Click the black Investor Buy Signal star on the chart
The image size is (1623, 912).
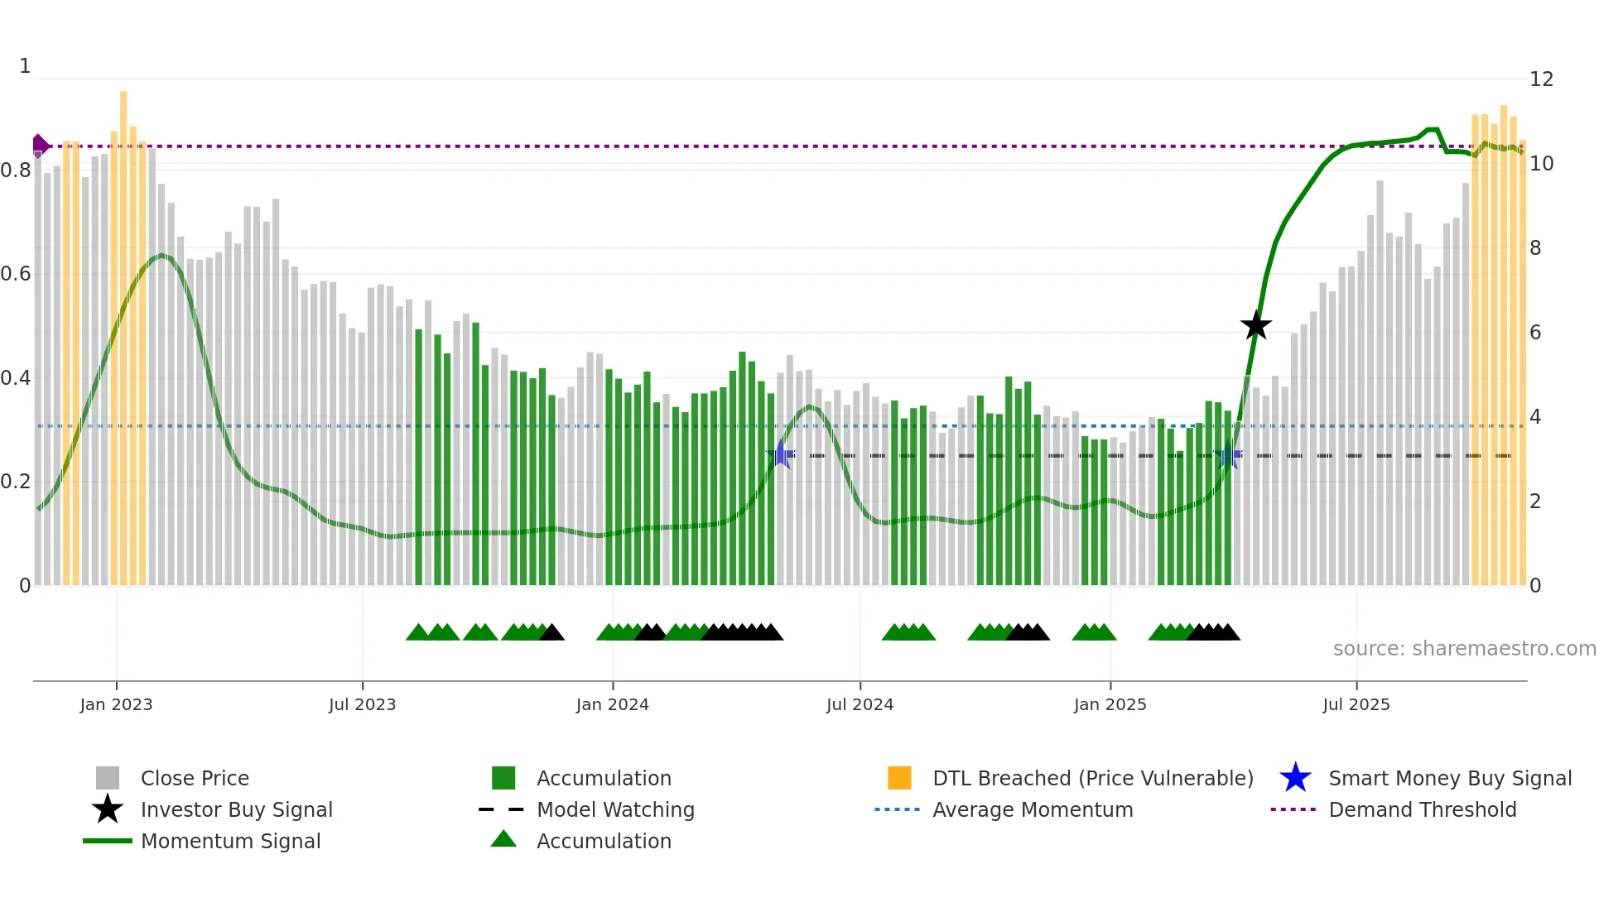1255,325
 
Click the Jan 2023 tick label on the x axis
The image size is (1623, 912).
116,704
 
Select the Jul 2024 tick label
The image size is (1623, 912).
860,704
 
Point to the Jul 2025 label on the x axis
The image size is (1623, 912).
1356,704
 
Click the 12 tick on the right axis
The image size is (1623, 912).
1541,79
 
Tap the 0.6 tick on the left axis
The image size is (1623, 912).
17,274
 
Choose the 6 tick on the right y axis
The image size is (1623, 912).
1535,333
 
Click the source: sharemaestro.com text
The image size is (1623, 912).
1464,649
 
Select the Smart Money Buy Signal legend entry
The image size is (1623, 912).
1449,779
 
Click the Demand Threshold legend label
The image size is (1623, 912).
1422,810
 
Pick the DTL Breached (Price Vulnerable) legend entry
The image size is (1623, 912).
1092,779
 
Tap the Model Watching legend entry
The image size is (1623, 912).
614,810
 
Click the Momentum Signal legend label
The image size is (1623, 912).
230,842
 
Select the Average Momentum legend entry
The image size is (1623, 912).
1032,810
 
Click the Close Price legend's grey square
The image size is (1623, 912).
108,779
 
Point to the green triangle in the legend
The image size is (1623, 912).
503,840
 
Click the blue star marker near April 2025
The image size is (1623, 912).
1229,456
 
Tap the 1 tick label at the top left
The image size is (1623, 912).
25,66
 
